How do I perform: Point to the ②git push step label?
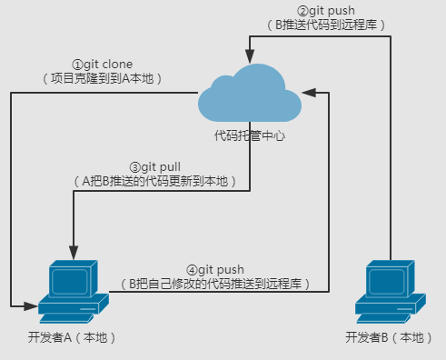[x=327, y=10]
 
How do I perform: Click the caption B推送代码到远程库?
[x=327, y=25]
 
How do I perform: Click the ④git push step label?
[x=217, y=270]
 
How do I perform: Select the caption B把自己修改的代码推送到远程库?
[x=217, y=285]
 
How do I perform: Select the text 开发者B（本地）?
[x=388, y=338]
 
